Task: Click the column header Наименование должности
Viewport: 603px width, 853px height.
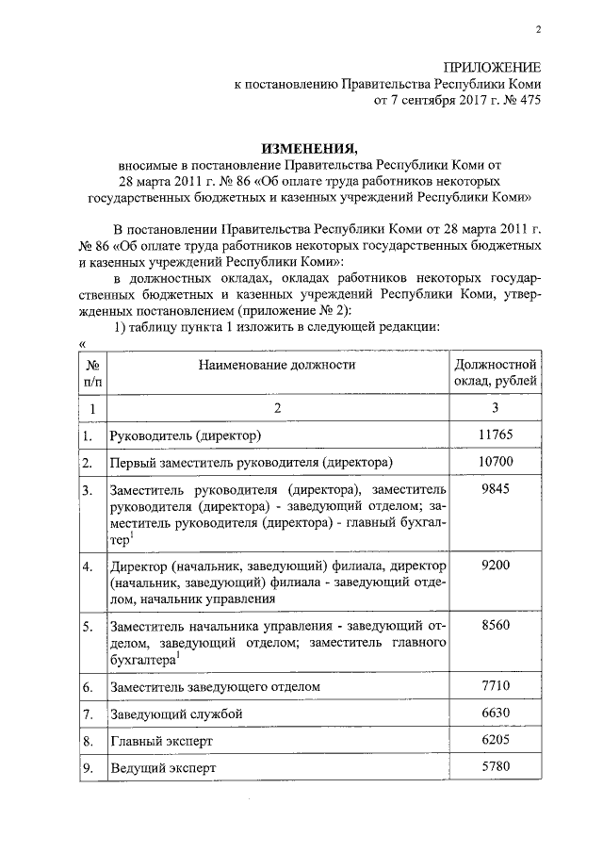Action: point(278,364)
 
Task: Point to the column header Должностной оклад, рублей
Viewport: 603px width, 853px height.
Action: point(496,372)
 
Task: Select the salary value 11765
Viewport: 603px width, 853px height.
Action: point(496,434)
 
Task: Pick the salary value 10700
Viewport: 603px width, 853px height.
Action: point(496,462)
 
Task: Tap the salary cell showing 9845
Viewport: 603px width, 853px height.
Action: point(496,490)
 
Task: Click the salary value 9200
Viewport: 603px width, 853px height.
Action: point(496,565)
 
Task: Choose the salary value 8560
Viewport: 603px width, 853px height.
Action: point(496,624)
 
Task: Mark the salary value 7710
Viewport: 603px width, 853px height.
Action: point(496,685)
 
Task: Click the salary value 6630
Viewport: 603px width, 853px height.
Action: point(496,714)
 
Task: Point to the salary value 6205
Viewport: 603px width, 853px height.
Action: point(496,741)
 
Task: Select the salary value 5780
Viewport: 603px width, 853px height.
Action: point(496,767)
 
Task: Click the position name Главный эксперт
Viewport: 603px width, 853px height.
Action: point(154,742)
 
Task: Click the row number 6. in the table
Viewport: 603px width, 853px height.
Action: point(88,687)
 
